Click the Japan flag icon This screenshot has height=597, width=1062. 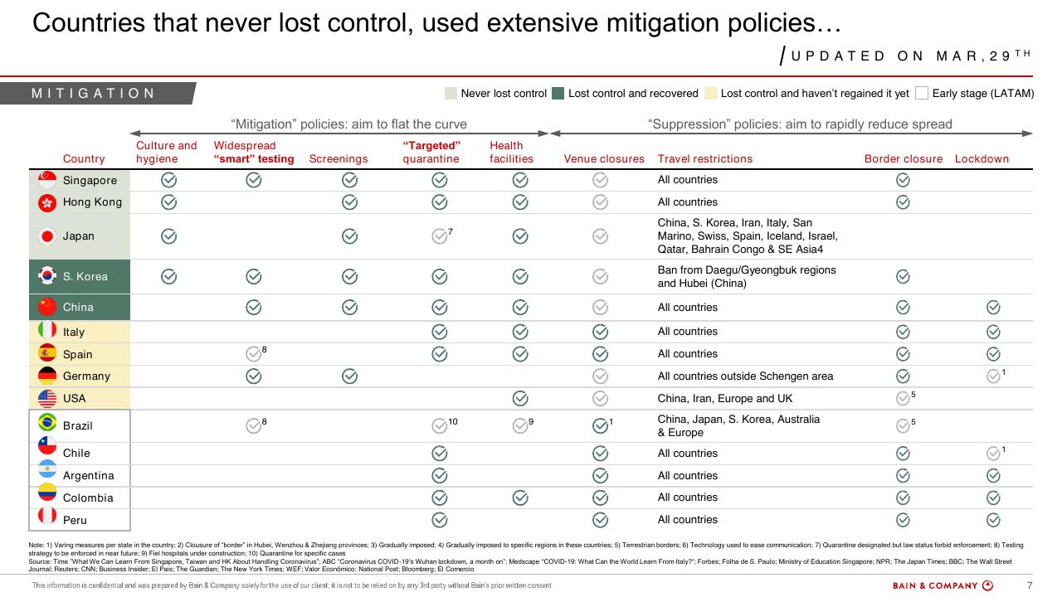pos(47,236)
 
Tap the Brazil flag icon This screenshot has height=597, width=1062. pos(47,422)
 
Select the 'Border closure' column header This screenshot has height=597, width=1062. pos(904,158)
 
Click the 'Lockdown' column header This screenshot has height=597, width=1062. pos(982,158)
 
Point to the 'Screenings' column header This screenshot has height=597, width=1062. pos(339,158)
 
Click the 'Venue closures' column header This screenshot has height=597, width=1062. pos(604,158)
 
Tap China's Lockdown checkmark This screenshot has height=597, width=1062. pos(993,308)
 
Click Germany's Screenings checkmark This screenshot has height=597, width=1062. pos(349,376)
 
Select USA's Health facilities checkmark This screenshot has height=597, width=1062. pos(520,399)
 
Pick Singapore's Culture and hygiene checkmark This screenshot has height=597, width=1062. pos(168,180)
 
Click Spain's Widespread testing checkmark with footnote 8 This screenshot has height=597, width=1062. pos(254,354)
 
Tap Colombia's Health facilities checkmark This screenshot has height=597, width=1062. pos(520,498)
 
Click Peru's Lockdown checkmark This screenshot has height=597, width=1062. pos(993,520)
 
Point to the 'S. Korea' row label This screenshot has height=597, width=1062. pos(85,277)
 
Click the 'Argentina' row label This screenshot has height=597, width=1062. pos(89,476)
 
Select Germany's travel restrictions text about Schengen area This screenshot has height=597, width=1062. pos(745,376)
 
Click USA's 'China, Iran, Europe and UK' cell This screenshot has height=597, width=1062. pos(725,399)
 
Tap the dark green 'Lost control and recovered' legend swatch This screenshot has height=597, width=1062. pos(558,94)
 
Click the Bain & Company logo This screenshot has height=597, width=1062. pos(943,585)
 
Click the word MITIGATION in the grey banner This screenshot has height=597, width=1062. pos(94,94)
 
